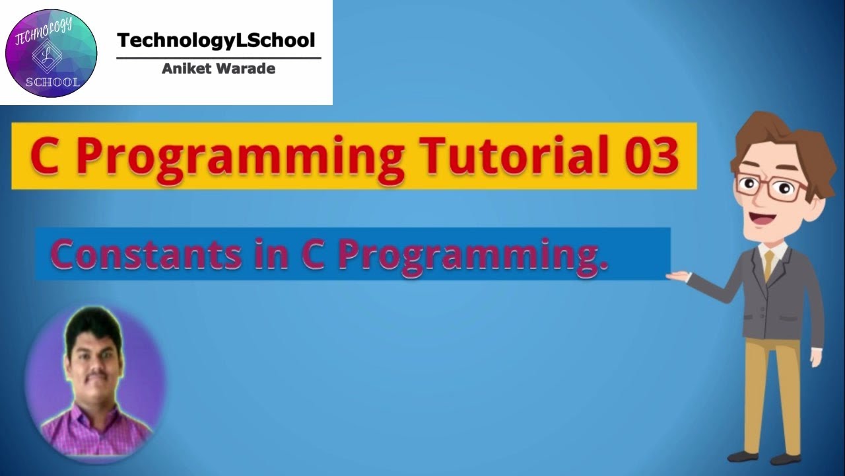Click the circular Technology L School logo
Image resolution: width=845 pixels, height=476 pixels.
tap(51, 53)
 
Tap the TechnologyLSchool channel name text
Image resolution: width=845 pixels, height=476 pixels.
tap(217, 40)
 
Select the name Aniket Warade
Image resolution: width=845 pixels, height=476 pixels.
tap(219, 69)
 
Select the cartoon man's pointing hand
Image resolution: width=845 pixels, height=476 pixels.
tap(677, 275)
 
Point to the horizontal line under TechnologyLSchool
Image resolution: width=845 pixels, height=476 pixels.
tap(219, 58)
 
